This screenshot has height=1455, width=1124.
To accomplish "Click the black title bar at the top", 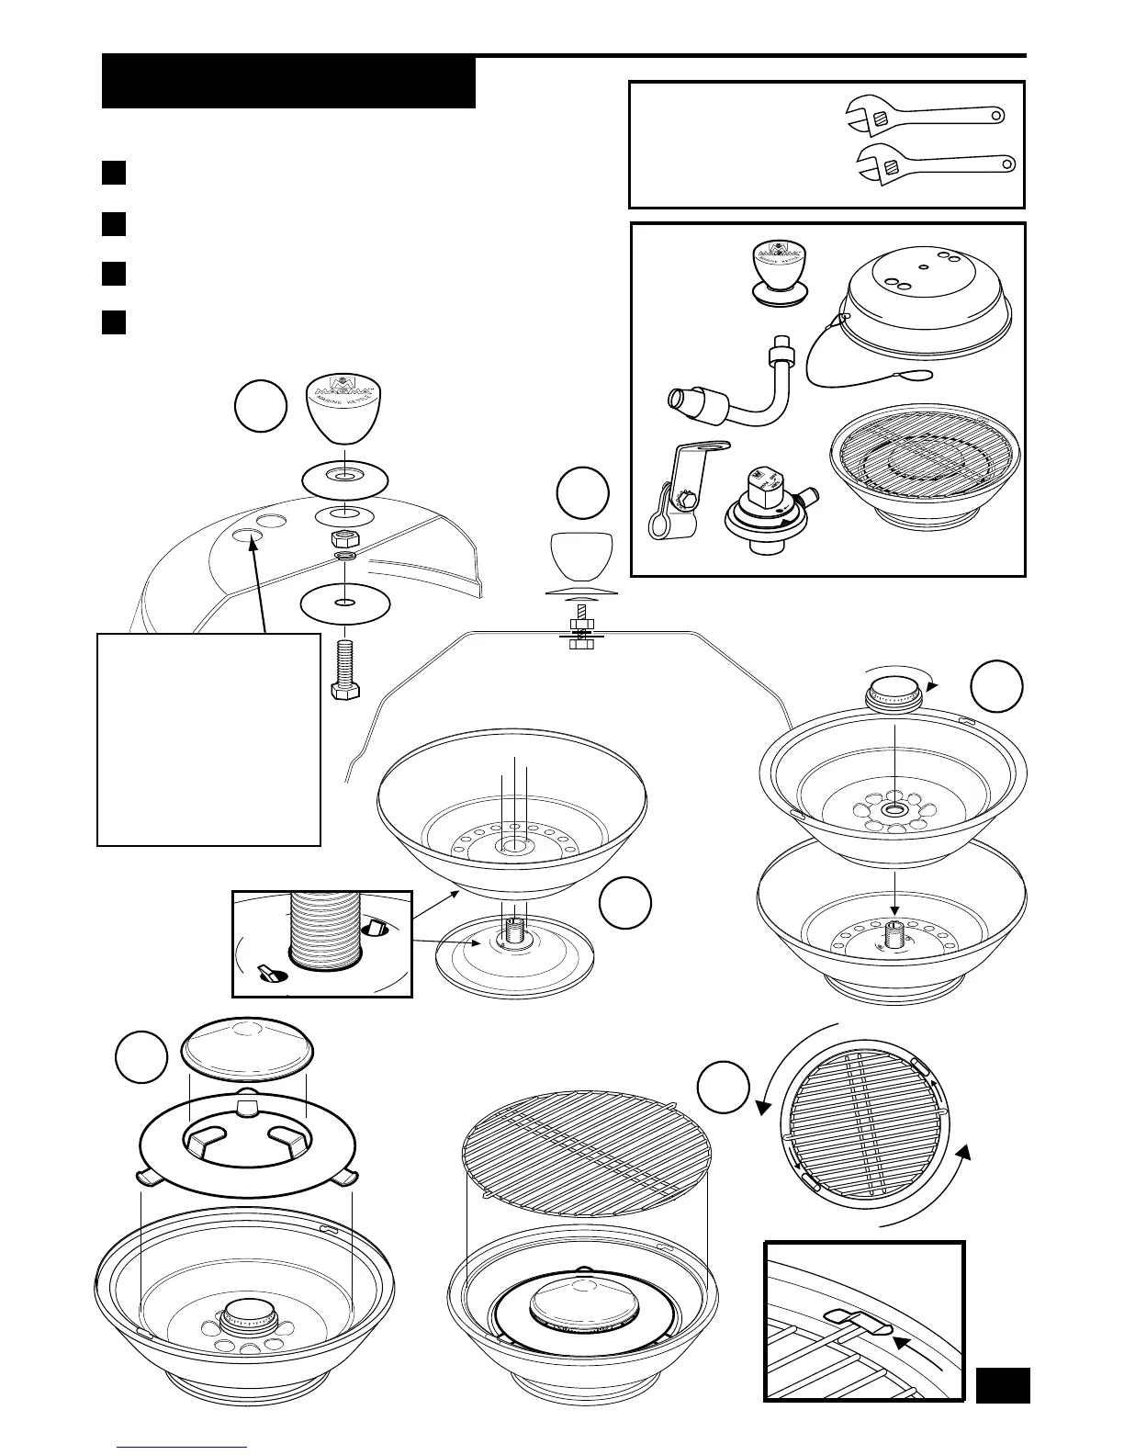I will coord(288,83).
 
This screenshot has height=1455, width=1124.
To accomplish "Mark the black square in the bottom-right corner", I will coord(1002,1384).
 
